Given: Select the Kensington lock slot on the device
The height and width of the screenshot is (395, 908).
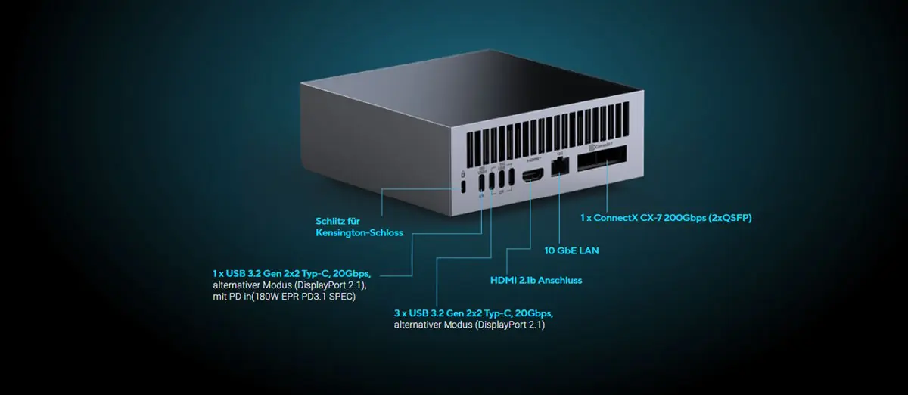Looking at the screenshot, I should (462, 187).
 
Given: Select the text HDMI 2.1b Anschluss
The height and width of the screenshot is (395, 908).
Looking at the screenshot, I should (536, 280).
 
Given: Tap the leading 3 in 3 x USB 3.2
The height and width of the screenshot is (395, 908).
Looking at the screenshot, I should (397, 313).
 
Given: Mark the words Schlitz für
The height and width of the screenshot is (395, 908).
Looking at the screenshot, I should (336, 221).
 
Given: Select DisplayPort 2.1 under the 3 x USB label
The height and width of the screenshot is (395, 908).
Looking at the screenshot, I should (511, 325).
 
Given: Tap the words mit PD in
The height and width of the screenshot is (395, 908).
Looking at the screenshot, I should (229, 296).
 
